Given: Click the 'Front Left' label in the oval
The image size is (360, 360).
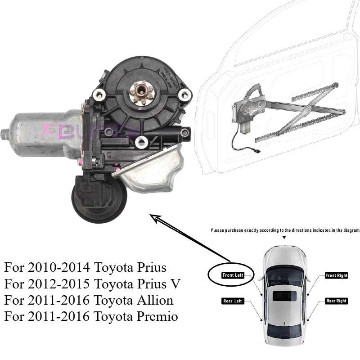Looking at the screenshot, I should tap(233, 275).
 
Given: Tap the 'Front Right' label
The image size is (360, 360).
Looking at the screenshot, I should tap(336, 275).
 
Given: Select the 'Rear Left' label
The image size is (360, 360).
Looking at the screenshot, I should tap(233, 301).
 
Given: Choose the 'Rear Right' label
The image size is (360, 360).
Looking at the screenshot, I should tap(336, 301).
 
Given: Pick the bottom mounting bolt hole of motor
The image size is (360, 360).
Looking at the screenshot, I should tap(144, 143).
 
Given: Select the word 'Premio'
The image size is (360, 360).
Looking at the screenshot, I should tap(158, 316).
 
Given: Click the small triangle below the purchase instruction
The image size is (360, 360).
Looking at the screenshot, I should tap(284, 237).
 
